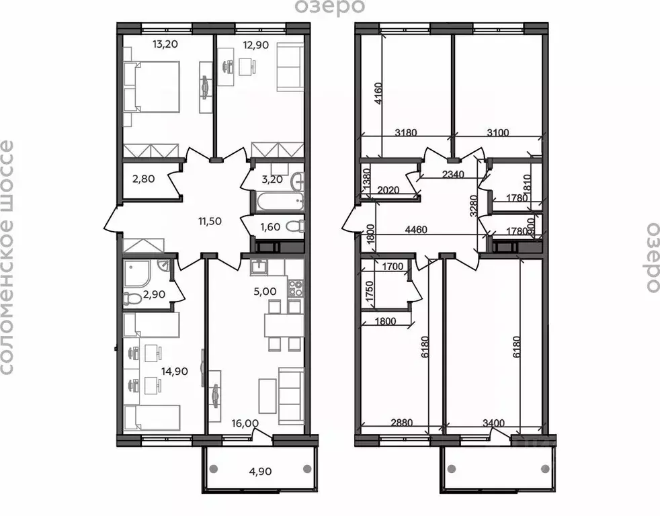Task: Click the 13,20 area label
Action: point(149,44)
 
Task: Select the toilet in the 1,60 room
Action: point(293,227)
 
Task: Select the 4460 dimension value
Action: point(418,228)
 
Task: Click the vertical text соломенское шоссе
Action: point(8,257)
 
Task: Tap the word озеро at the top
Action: point(329,7)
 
